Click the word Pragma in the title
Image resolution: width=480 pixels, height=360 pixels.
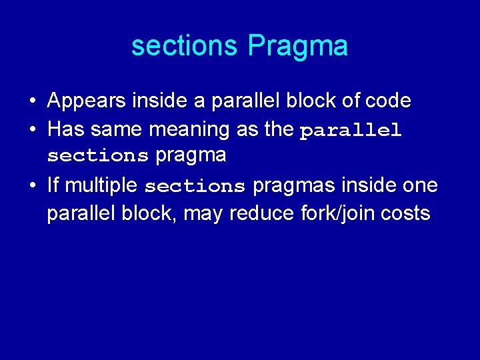pyautogui.click(x=297, y=47)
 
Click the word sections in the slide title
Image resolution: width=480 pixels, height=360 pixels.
pyautogui.click(x=185, y=47)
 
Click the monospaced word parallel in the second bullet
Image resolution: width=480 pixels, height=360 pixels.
pyautogui.click(x=351, y=131)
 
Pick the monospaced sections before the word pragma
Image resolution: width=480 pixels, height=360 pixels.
pyautogui.click(x=98, y=156)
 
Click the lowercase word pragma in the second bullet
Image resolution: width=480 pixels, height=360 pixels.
pyautogui.click(x=191, y=156)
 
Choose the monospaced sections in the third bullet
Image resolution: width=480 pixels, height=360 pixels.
pyautogui.click(x=195, y=186)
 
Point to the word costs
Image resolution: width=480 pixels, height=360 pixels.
pyautogui.click(x=406, y=213)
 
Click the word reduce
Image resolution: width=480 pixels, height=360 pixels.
pyautogui.click(x=250, y=213)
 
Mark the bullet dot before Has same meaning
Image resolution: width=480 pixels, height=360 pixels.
pyautogui.click(x=33, y=129)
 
